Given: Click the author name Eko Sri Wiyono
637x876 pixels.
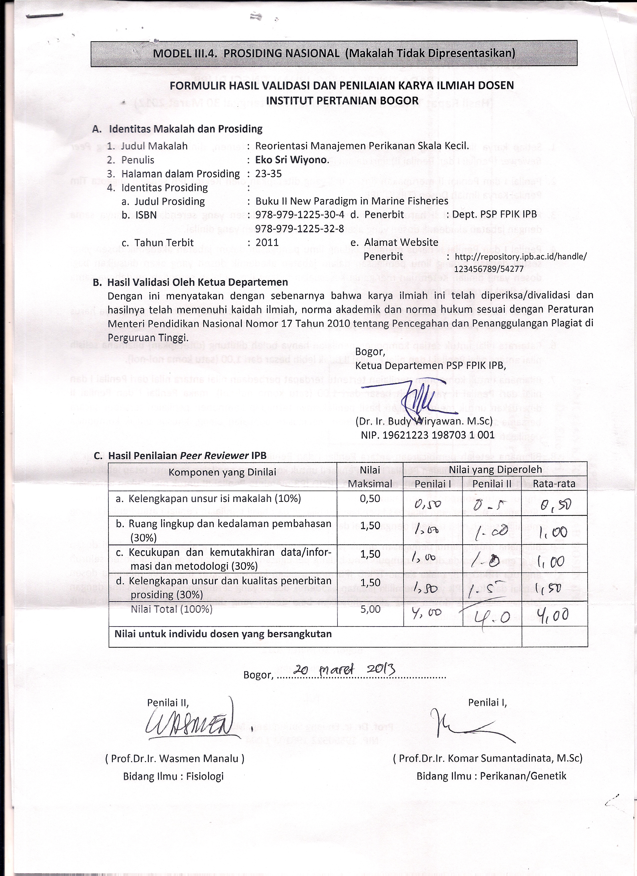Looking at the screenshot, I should [x=292, y=160].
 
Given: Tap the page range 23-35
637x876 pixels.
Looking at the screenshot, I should [x=269, y=174].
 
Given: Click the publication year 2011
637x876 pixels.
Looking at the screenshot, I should [x=267, y=243].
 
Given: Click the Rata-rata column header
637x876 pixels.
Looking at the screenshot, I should [x=554, y=484].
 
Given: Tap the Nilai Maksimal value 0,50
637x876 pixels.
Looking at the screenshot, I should [x=370, y=499].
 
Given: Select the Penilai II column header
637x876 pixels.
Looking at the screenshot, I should [x=492, y=484].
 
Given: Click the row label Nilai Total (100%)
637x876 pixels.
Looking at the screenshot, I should [x=172, y=609].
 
